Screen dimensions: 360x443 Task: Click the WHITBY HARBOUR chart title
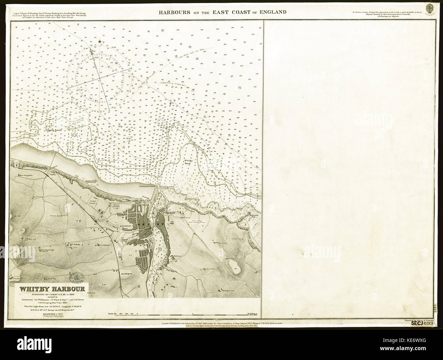pyautogui.click(x=54, y=290)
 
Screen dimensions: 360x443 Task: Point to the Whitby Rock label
pyautogui.click(x=189, y=162)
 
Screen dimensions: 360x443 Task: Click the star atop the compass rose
pyautogui.click(x=100, y=42)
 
